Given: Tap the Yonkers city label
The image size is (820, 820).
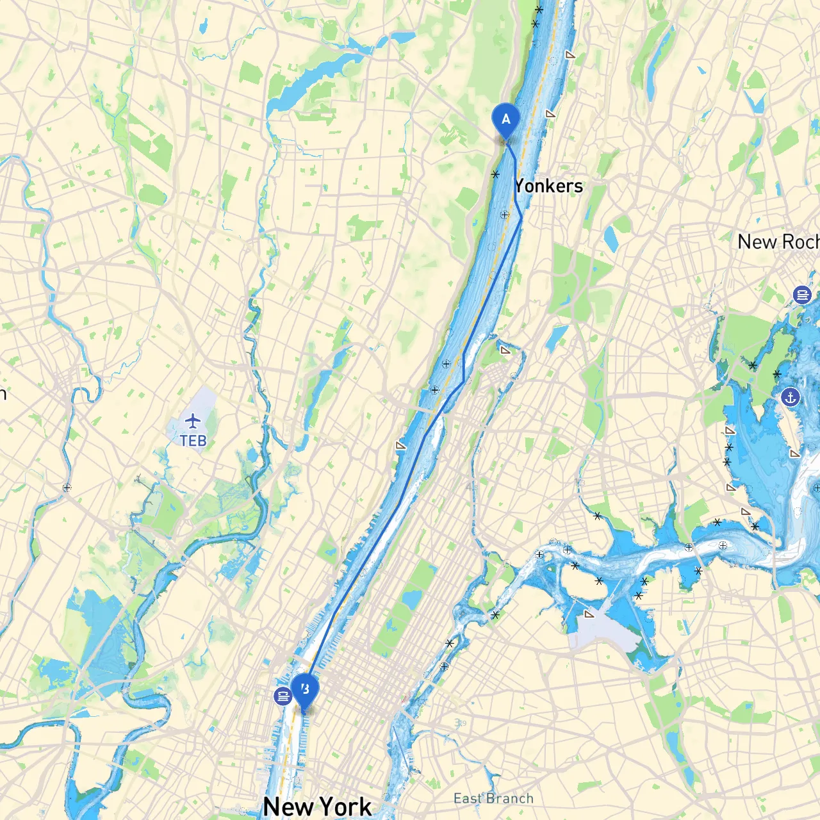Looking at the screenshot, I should pyautogui.click(x=548, y=186).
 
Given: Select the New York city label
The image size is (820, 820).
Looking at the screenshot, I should pyautogui.click(x=317, y=806).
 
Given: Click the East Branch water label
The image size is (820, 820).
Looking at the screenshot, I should pyautogui.click(x=493, y=798).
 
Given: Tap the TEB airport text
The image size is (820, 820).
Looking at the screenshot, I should pyautogui.click(x=193, y=441).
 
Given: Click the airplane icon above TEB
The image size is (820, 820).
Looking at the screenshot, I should pyautogui.click(x=193, y=421).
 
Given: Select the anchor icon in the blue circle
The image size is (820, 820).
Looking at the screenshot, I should pyautogui.click(x=791, y=397).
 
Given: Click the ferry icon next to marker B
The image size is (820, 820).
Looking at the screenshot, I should pyautogui.click(x=283, y=696).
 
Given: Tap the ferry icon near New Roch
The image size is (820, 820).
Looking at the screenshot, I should pyautogui.click(x=802, y=295).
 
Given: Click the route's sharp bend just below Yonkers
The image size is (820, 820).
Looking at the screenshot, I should pyautogui.click(x=521, y=218).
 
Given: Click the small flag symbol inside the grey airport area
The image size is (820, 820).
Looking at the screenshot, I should pyautogui.click(x=589, y=614).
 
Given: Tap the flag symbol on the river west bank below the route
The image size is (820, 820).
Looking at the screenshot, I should pyautogui.click(x=401, y=445).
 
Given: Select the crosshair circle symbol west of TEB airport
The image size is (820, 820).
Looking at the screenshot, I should pyautogui.click(x=67, y=488).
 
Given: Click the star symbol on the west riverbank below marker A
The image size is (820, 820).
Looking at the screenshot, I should pyautogui.click(x=495, y=174).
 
